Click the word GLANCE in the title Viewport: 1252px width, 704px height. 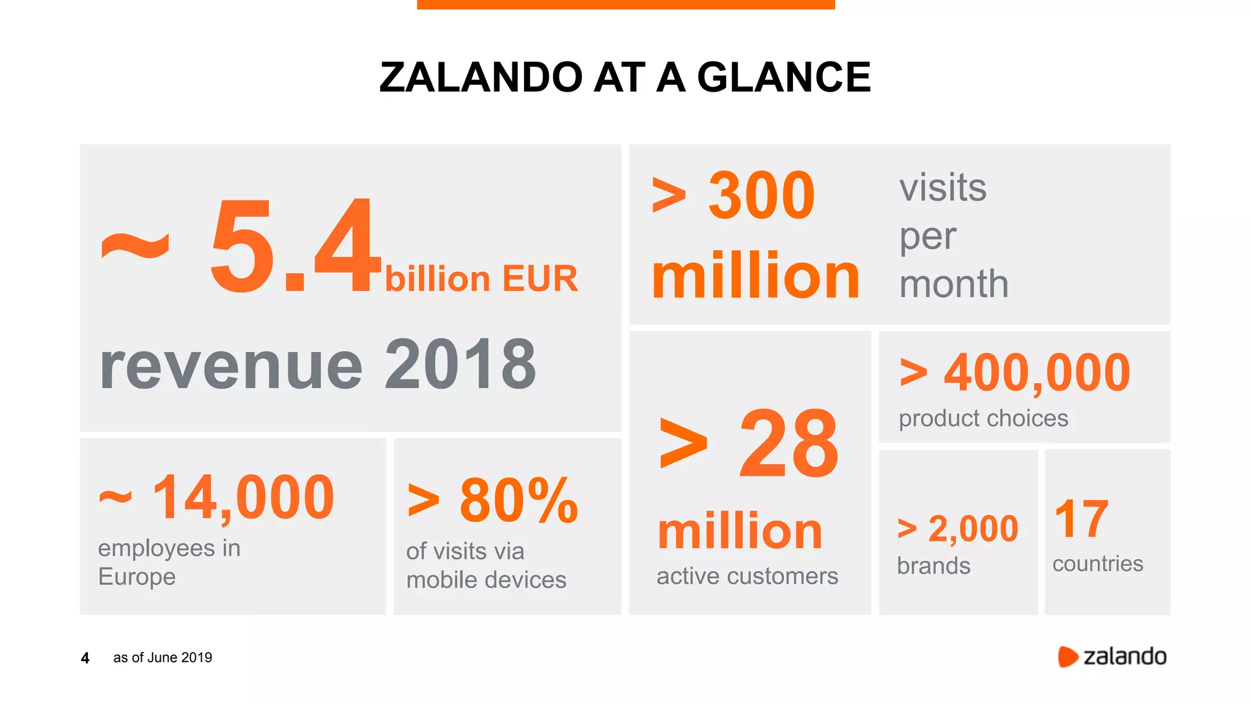(784, 78)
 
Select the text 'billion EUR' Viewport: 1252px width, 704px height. (481, 279)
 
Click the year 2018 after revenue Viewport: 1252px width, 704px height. (460, 365)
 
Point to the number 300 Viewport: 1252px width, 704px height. (761, 196)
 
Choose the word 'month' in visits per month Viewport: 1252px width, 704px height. (954, 284)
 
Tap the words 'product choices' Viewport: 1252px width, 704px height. (983, 419)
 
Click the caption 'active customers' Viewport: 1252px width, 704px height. (747, 576)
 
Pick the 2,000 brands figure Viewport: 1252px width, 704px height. (973, 529)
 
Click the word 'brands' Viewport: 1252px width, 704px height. (933, 566)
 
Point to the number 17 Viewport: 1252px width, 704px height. (1081, 519)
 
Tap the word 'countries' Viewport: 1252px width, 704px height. (1097, 563)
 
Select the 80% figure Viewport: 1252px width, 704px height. (518, 501)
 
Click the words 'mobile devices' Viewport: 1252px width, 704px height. (486, 580)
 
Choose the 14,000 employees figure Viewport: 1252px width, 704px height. (243, 498)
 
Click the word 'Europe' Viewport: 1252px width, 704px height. (137, 577)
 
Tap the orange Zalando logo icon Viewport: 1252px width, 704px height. (1067, 657)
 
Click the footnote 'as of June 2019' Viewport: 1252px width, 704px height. (163, 658)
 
